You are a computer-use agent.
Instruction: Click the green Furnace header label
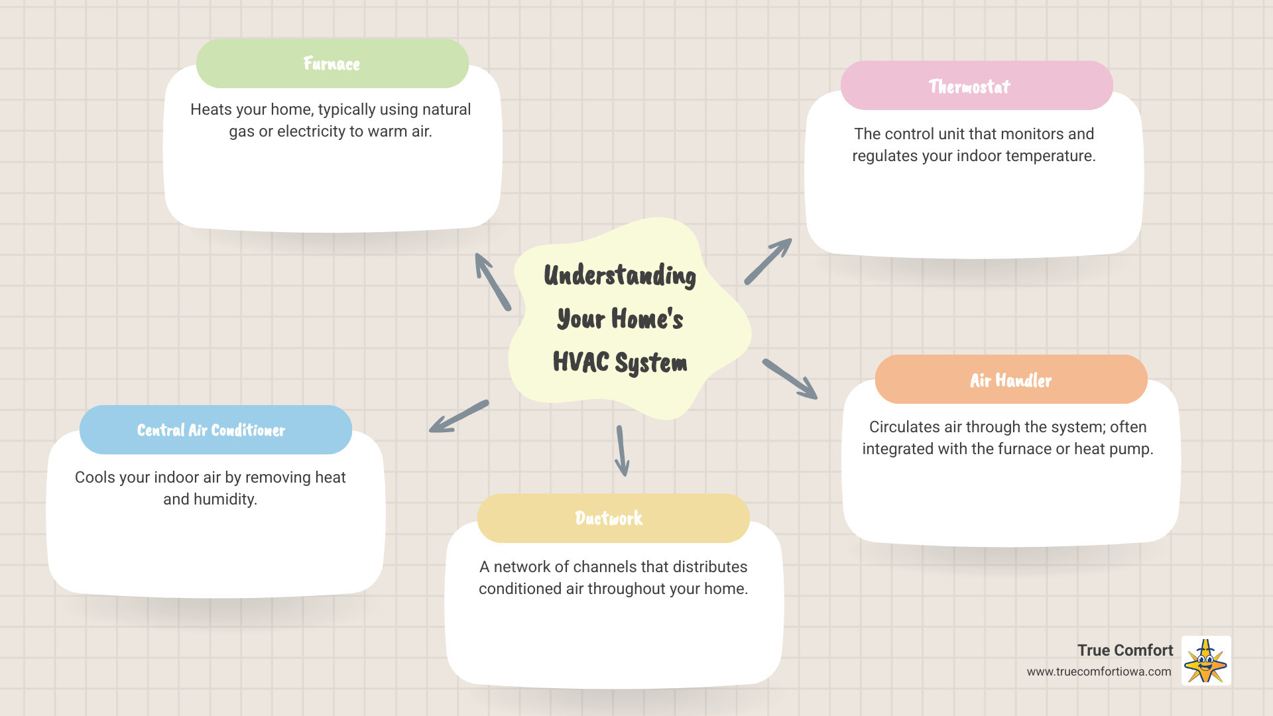[x=332, y=64]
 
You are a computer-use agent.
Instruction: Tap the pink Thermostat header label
[x=969, y=86]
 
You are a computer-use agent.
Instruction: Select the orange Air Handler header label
[x=1010, y=380]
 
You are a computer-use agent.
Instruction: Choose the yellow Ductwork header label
[x=609, y=518]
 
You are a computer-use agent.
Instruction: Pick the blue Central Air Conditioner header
[x=212, y=430]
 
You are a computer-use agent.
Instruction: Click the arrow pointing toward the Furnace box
[x=492, y=281]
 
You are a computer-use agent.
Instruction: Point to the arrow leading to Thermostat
[x=768, y=261]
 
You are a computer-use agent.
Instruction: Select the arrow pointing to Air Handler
[x=790, y=379]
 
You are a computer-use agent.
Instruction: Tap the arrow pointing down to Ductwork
[x=622, y=451]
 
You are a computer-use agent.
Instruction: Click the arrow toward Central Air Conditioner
[x=458, y=417]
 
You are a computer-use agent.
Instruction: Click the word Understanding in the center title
[x=620, y=275]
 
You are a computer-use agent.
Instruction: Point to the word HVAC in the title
[x=581, y=362]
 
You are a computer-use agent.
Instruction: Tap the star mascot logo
[x=1206, y=661]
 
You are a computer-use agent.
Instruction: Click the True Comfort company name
[x=1125, y=650]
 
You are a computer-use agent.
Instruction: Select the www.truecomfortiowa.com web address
[x=1099, y=672]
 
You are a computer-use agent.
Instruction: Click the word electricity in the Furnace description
[x=311, y=131]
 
